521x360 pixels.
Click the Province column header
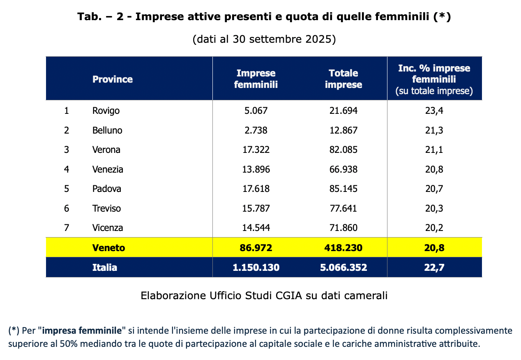point(112,79)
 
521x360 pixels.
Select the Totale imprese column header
point(343,79)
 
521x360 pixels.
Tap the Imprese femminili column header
point(256,79)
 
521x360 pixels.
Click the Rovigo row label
point(106,111)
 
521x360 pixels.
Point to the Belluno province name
point(107,130)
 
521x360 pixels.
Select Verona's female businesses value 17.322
point(256,150)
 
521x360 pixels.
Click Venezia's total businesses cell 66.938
point(343,169)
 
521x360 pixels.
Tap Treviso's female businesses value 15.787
point(256,208)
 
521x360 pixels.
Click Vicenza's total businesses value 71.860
point(343,228)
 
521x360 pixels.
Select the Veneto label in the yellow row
point(108,248)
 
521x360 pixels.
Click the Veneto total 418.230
point(343,248)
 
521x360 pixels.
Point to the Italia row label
point(105,268)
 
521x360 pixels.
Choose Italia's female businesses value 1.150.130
point(256,268)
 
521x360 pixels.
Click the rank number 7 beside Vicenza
point(67,228)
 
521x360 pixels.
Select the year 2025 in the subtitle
point(318,39)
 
